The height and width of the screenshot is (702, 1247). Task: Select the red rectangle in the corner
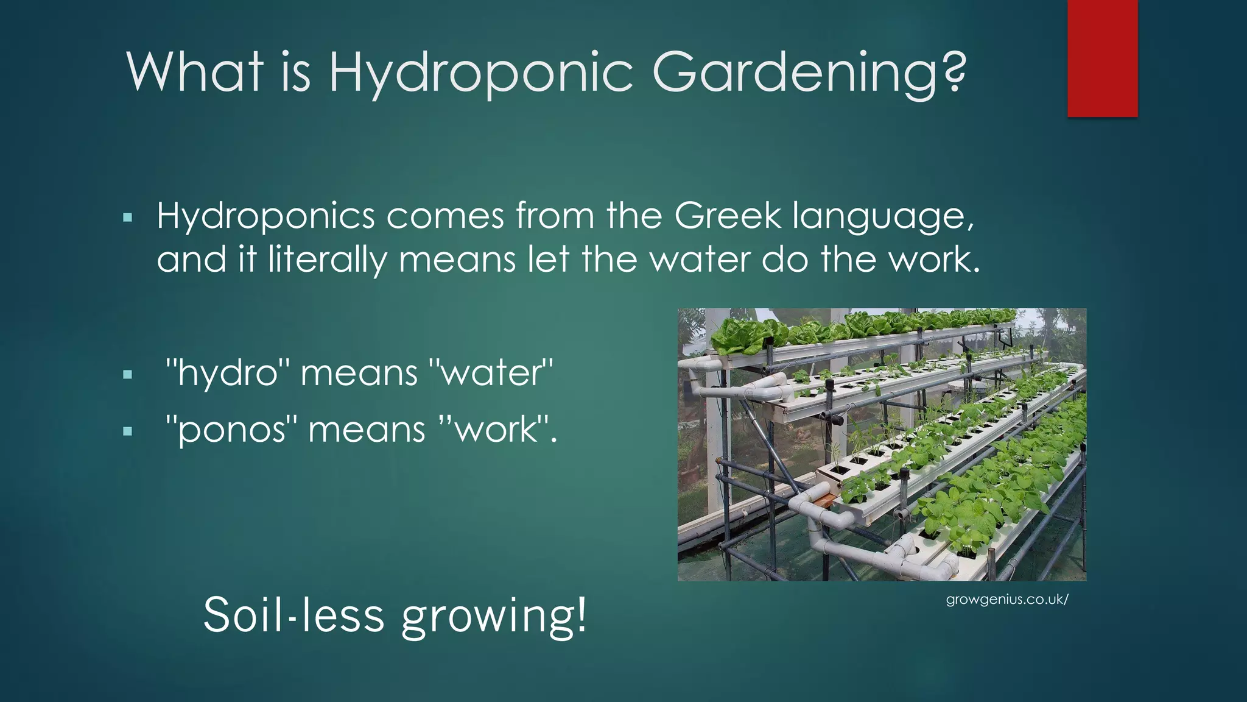tap(1102, 58)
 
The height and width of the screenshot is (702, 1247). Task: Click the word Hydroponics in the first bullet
tap(265, 217)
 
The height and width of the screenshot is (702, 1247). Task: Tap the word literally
tap(327, 260)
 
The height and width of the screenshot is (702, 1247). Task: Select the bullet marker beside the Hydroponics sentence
tap(127, 218)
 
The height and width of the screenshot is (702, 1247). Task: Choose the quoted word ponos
tap(232, 430)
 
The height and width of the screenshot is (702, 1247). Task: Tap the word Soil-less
tap(293, 615)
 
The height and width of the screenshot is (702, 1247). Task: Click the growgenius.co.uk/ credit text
tap(1007, 600)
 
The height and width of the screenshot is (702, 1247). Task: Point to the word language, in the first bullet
tap(883, 217)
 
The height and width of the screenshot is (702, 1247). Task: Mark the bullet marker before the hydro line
tap(127, 375)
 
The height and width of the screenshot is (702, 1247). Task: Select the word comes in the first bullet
tap(445, 217)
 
